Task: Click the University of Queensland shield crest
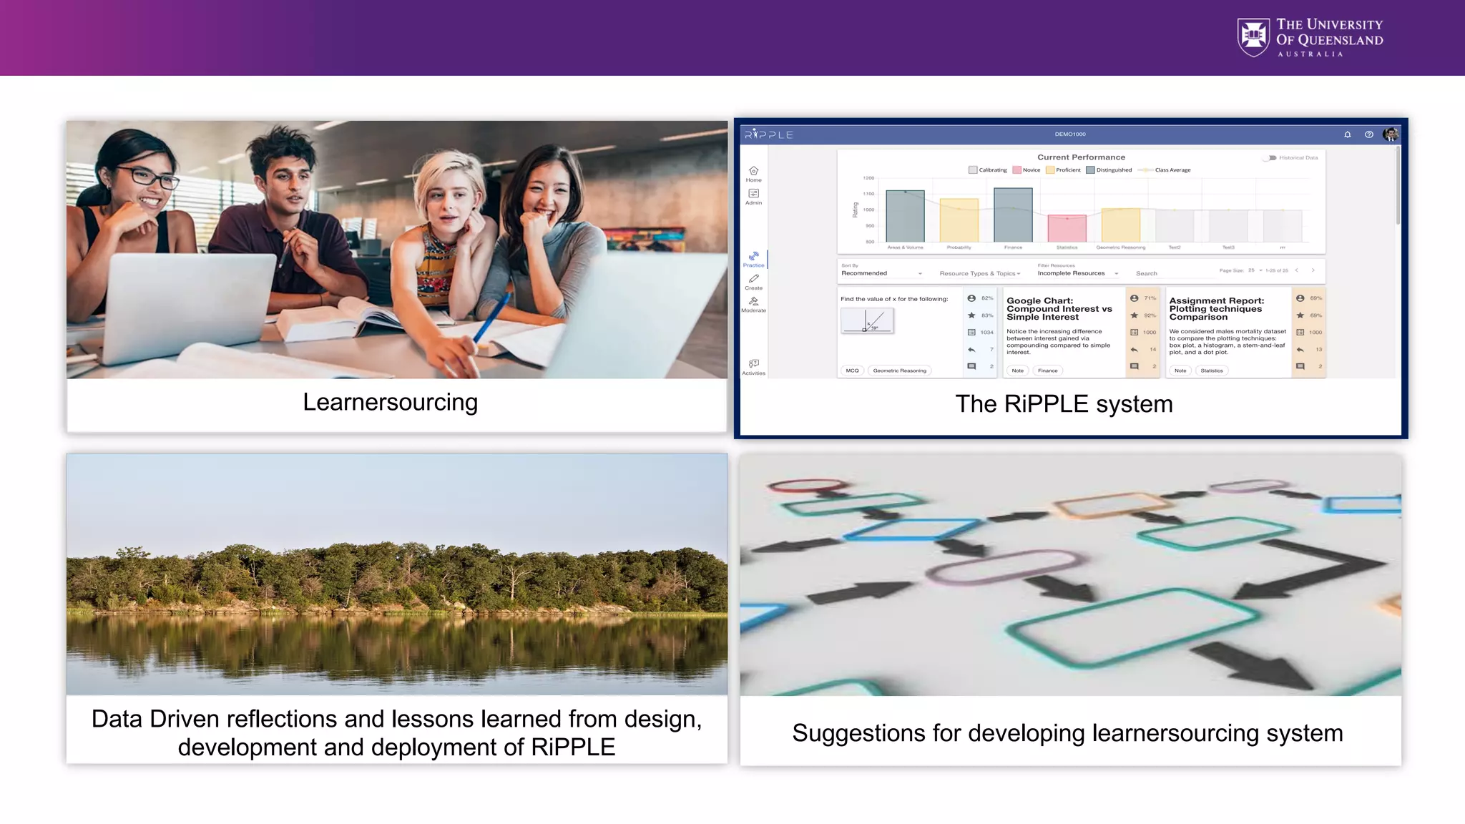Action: [1253, 37]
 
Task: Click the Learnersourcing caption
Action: [390, 403]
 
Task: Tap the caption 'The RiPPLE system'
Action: [1064, 404]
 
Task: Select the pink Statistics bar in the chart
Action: [1067, 228]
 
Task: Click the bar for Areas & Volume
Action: [905, 216]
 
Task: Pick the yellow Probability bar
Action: [959, 220]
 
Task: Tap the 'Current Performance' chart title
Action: [1081, 157]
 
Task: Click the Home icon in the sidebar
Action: [753, 172]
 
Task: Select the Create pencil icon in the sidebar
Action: [753, 279]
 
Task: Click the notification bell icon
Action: [1347, 134]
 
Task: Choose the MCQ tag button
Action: [852, 371]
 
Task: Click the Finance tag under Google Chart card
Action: [1047, 371]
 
